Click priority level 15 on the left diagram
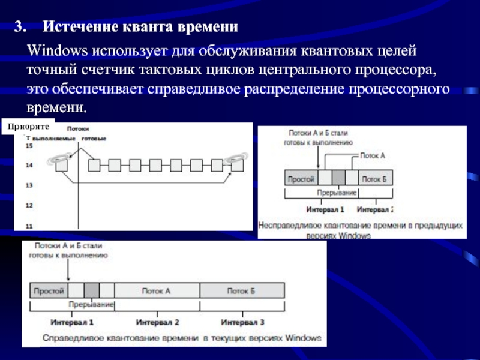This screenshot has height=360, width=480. click(29, 145)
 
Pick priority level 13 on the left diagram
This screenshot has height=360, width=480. click(29, 185)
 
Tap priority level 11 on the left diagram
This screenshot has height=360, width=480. click(29, 226)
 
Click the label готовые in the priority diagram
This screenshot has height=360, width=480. click(94, 139)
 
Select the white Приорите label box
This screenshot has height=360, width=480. click(31, 127)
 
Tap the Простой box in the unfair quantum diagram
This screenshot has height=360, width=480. click(301, 179)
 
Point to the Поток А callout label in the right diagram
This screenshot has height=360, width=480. click(373, 154)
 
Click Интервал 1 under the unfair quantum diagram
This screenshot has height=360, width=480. click(325, 210)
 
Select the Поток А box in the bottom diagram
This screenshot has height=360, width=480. click(156, 291)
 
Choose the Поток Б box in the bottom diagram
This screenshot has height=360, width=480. click(241, 291)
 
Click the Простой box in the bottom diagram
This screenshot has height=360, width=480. click(49, 291)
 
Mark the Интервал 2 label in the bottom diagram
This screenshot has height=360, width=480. click(158, 322)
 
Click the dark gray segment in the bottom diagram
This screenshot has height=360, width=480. click(92, 291)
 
